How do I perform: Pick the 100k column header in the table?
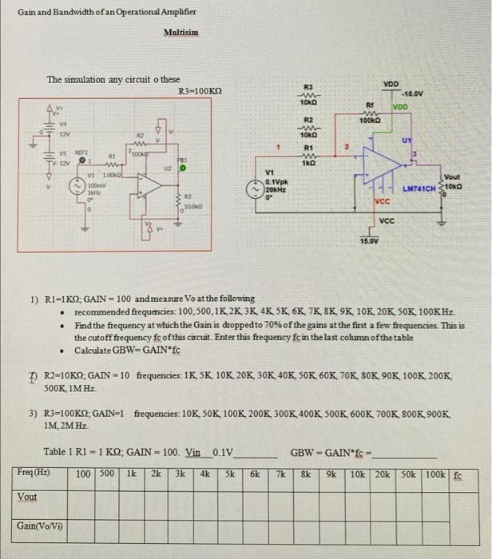435,474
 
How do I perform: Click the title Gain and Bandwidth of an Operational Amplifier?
106,14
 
